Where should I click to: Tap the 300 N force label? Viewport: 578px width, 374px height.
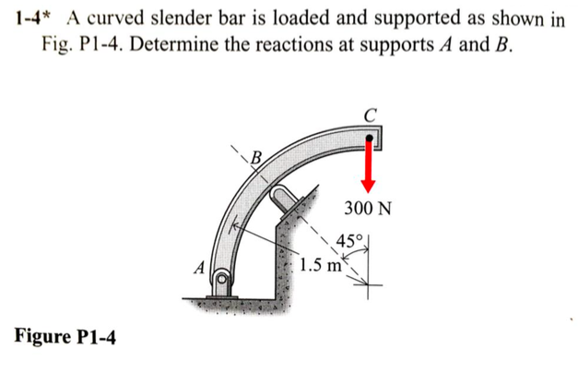click(367, 208)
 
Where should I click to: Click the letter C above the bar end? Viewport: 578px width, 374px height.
click(370, 115)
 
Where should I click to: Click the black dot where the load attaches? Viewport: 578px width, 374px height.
click(370, 139)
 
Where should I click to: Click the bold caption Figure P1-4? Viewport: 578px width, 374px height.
click(65, 336)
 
